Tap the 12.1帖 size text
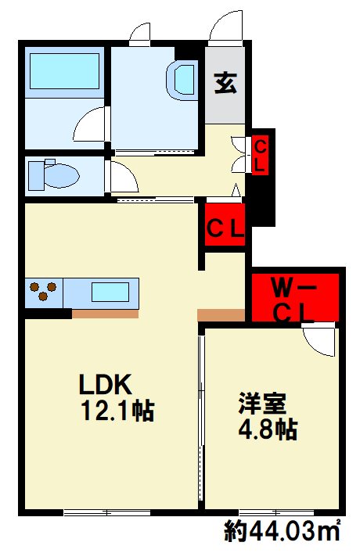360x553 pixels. point(114,410)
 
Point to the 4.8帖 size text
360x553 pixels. point(267,429)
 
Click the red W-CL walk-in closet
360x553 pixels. point(294,298)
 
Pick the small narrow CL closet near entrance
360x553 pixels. point(261,155)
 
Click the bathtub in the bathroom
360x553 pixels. point(65,74)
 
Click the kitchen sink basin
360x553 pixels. point(110,293)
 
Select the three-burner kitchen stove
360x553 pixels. point(44,293)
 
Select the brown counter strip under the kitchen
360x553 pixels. point(106,314)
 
